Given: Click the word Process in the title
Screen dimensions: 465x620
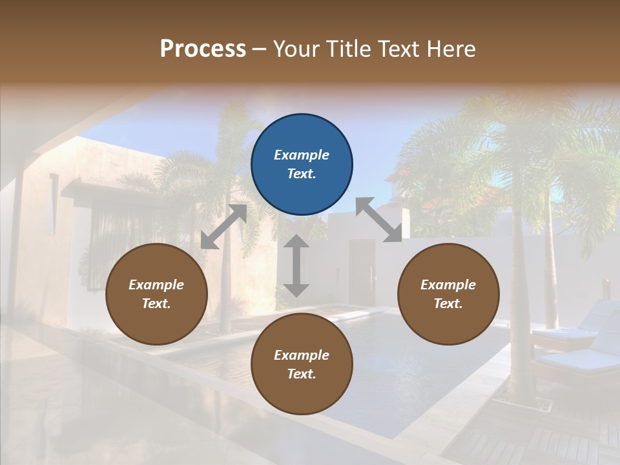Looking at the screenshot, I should (203, 49).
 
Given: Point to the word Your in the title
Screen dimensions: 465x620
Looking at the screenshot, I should (294, 49).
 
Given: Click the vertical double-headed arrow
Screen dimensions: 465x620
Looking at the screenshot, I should (296, 265).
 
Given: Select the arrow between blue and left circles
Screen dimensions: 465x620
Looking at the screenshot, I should (224, 226).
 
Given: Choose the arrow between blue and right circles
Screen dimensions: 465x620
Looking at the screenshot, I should (378, 220).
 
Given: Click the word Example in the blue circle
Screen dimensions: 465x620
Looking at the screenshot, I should (302, 155).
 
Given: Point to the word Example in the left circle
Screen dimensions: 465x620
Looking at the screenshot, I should (156, 285).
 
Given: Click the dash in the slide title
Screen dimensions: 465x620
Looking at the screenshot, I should (259, 49).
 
